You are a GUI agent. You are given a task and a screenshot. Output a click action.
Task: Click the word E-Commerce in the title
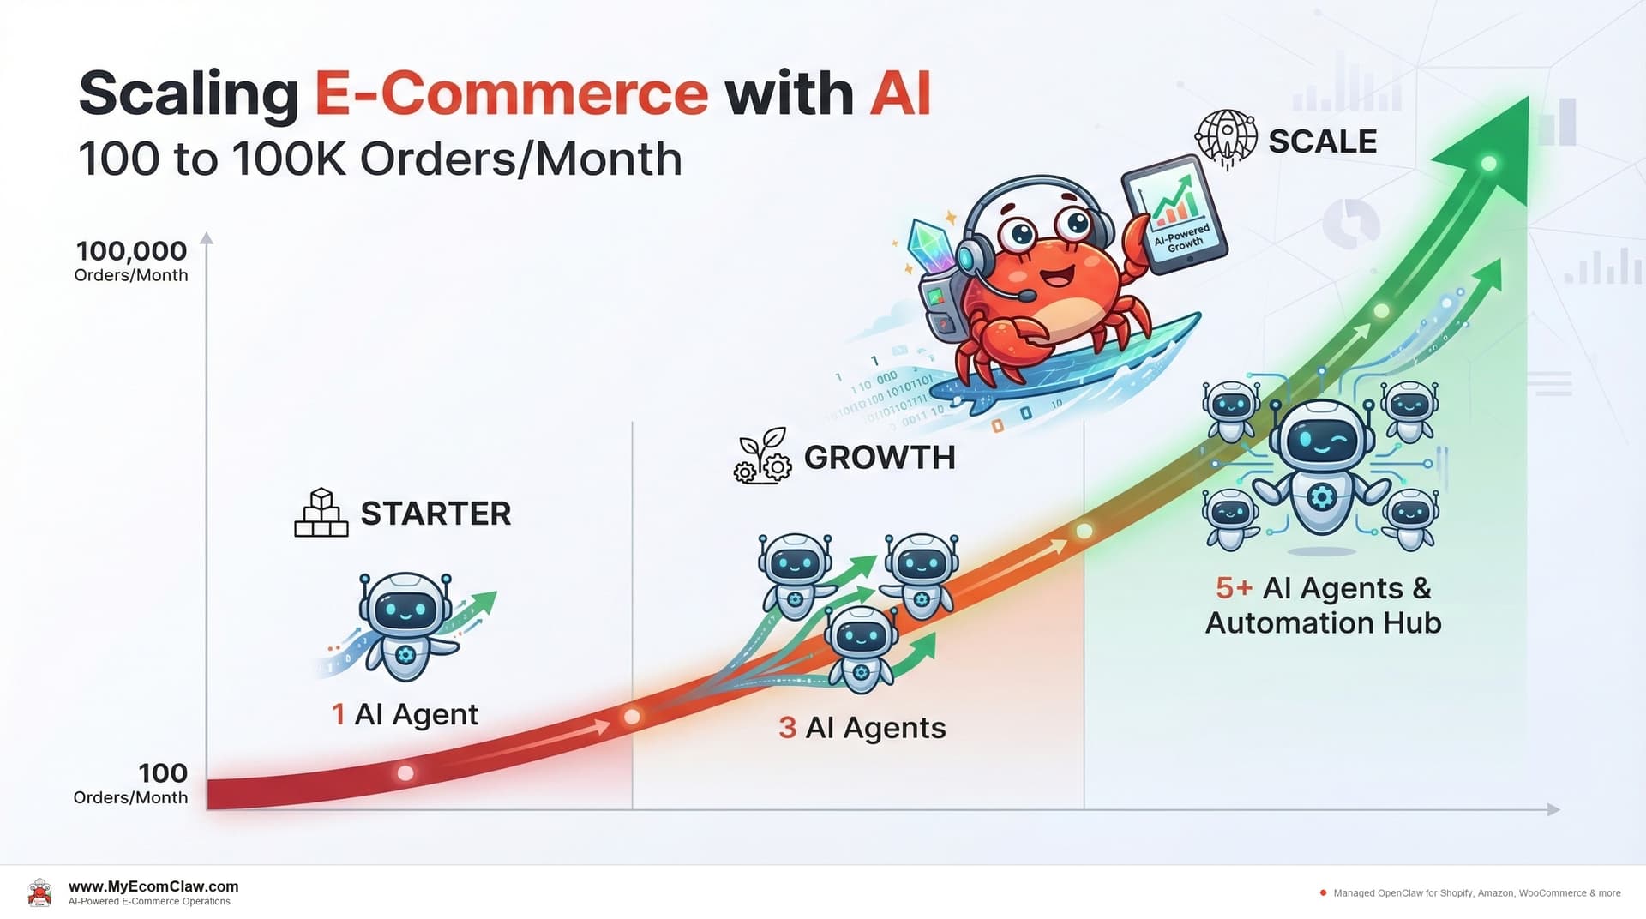[512, 93]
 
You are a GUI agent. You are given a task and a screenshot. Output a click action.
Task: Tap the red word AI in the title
[900, 93]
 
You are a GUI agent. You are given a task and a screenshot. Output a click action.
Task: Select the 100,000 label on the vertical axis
[131, 251]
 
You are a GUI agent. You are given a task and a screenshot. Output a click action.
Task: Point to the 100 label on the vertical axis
[163, 773]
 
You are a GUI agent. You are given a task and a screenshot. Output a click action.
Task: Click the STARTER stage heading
[436, 514]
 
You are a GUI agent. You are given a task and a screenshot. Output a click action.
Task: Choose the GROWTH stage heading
[880, 458]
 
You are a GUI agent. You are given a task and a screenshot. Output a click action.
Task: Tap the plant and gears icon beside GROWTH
[762, 457]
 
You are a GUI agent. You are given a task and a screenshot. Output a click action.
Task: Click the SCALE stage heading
[1322, 141]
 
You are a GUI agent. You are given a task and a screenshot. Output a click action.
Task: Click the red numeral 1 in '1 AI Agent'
[339, 714]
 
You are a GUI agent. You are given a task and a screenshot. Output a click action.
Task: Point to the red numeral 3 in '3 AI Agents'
[787, 728]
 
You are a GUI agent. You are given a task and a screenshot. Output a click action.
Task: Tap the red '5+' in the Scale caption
[1234, 588]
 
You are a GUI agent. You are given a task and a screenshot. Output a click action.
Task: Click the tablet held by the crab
[1174, 215]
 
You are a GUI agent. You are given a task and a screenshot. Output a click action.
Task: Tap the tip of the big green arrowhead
[1526, 99]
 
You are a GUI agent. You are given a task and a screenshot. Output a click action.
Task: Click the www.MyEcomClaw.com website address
[153, 886]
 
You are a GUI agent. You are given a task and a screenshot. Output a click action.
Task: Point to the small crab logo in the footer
[39, 892]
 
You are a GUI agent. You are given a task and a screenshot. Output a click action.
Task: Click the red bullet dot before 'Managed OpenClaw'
[1323, 892]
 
